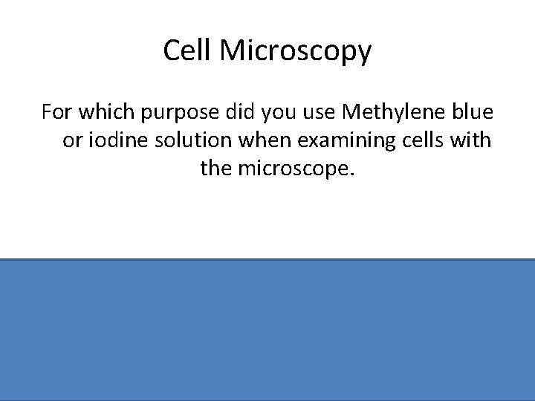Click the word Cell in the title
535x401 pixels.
click(183, 52)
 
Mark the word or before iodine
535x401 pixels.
click(71, 141)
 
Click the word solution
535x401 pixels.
click(183, 140)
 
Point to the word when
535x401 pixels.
click(252, 140)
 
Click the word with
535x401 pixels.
click(472, 140)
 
